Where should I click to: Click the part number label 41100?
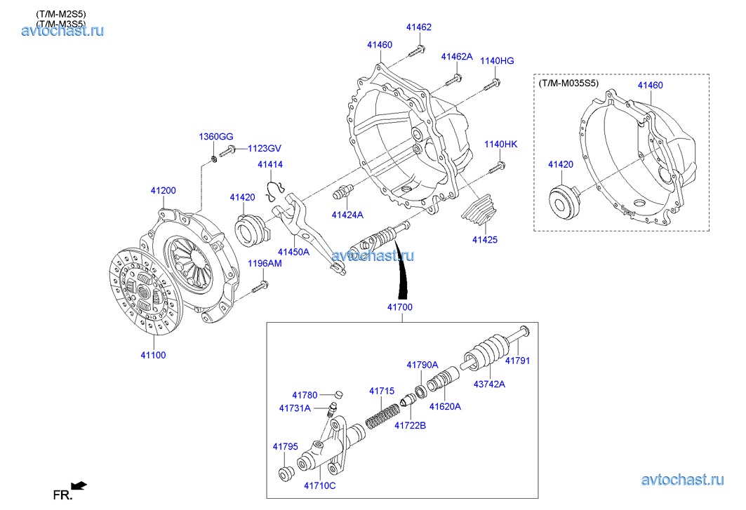[x=153, y=355]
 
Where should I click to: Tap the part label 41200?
[x=163, y=190]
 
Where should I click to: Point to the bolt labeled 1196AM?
[x=261, y=286]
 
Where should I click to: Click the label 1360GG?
[x=215, y=136]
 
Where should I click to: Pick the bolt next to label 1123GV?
[x=227, y=151]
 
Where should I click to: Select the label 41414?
[x=269, y=165]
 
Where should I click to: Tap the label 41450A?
[x=293, y=251]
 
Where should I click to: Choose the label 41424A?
[x=347, y=215]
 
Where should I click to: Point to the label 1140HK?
[x=500, y=145]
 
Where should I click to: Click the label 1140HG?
[x=497, y=61]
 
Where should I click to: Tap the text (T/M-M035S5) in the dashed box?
[x=568, y=83]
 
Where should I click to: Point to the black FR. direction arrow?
[x=79, y=485]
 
